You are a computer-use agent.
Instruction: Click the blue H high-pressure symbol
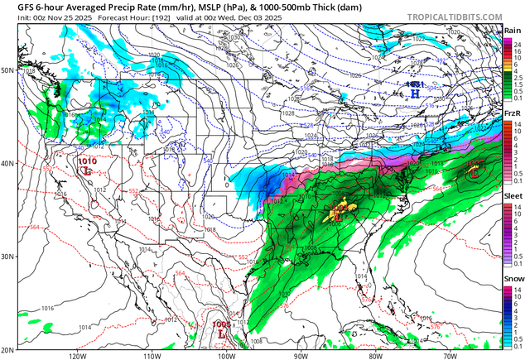(x=415, y=94)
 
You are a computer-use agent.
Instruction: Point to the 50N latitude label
(x=7, y=70)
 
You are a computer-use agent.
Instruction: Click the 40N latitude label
(x=7, y=163)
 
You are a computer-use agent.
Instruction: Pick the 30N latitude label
(x=7, y=257)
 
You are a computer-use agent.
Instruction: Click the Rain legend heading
(x=513, y=31)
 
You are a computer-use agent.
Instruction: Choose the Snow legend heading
(x=513, y=279)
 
